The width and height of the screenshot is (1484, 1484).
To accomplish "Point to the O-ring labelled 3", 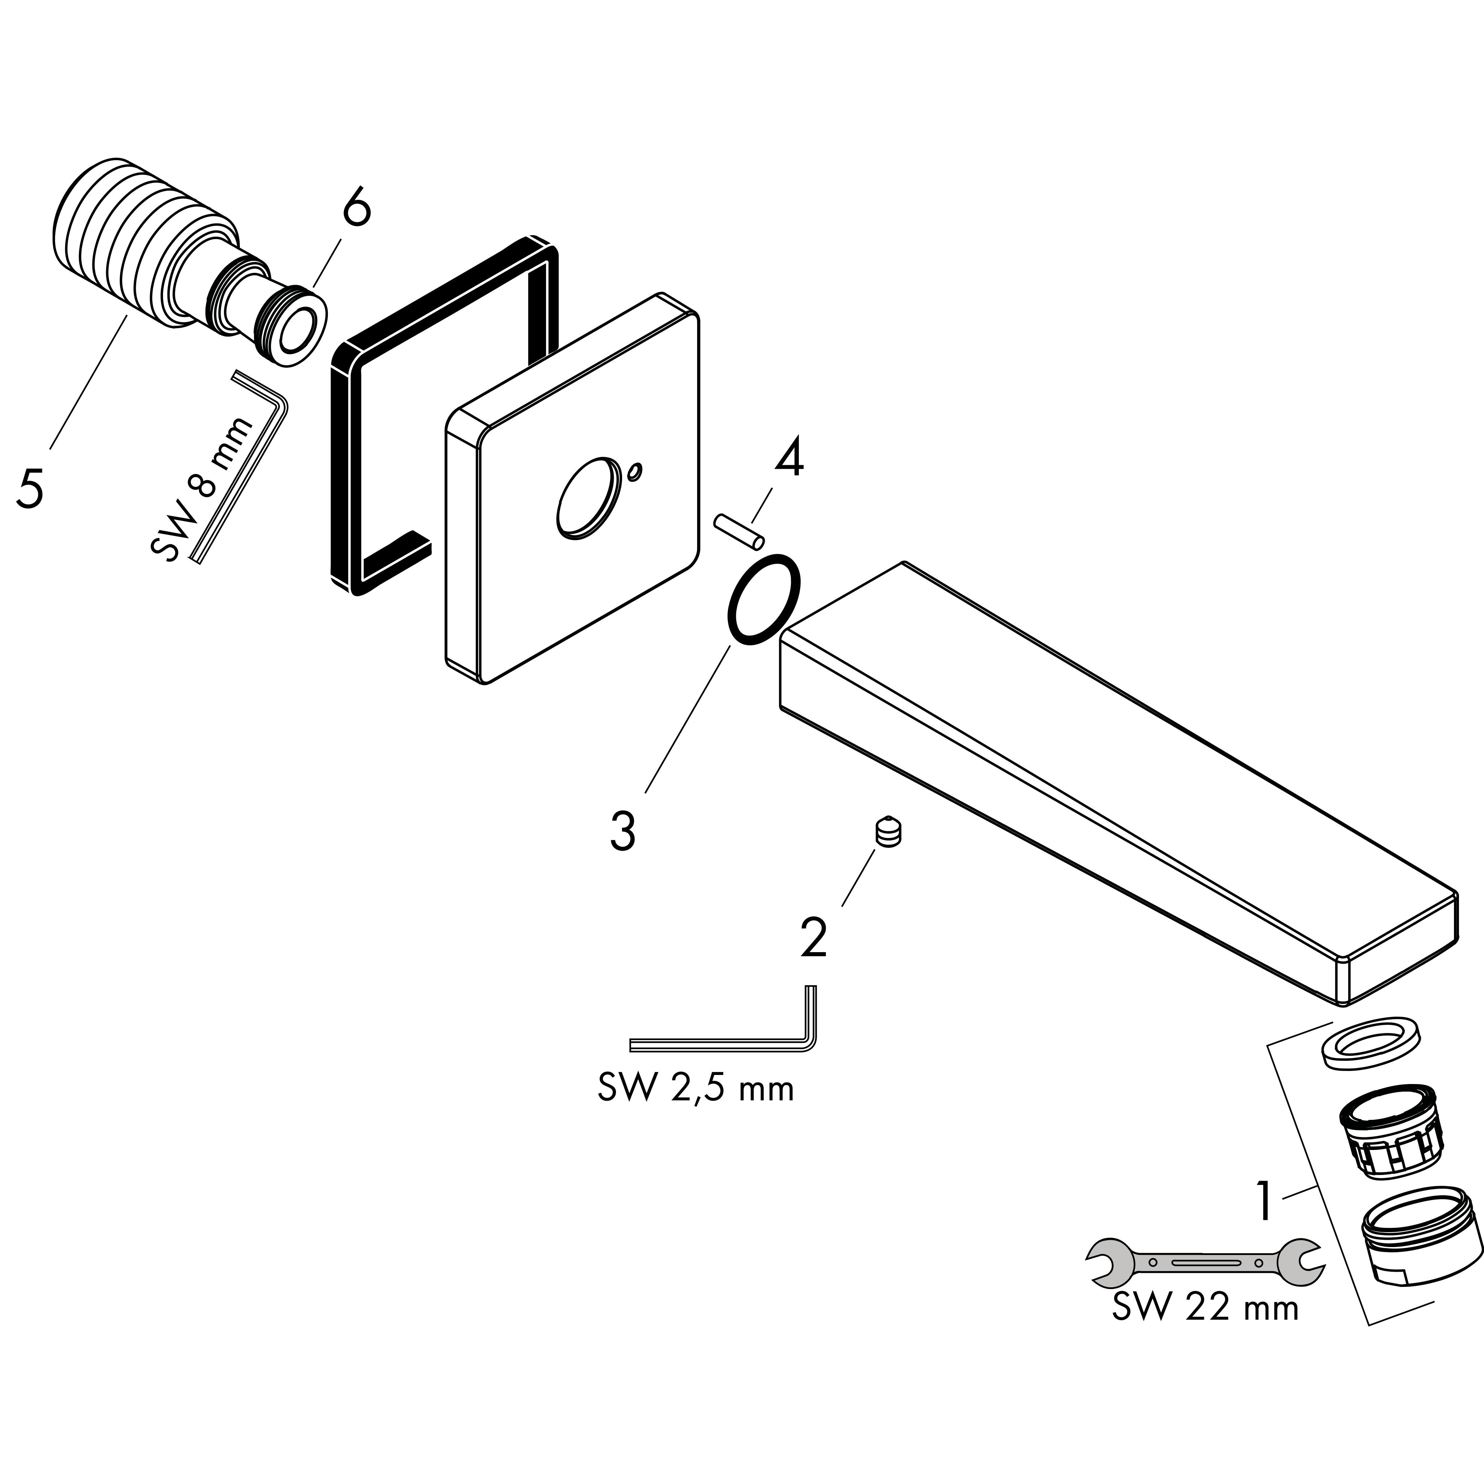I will coord(763,599).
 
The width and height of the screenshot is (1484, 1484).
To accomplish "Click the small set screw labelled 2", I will coord(888,833).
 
